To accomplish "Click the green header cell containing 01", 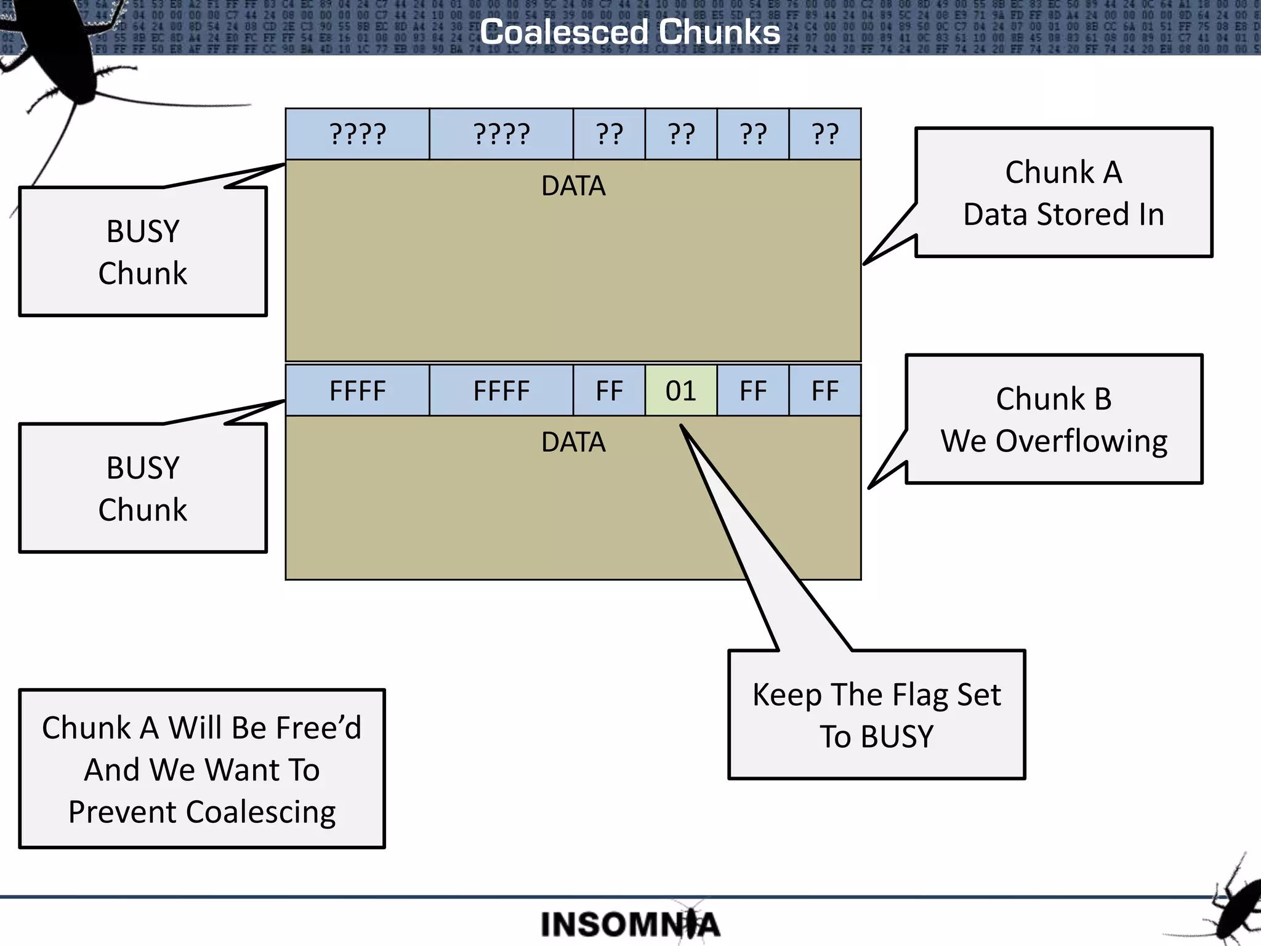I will (680, 390).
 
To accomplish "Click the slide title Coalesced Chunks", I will (629, 32).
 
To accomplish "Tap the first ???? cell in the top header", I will (357, 134).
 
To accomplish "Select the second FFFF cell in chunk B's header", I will (501, 390).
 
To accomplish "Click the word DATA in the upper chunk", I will (573, 186).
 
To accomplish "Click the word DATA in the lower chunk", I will (573, 442).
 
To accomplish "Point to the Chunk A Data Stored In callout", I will (1063, 193).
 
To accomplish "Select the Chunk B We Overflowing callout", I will (1054, 419).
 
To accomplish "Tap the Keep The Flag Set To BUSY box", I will (876, 714).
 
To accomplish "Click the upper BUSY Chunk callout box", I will (143, 252).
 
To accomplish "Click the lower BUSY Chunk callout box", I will (143, 488).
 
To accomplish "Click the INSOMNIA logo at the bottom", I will (629, 924).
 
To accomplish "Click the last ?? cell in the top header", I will (825, 134).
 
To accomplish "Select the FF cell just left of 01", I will (609, 390).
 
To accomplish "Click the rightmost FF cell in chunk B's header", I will (825, 390).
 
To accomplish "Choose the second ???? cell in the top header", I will (501, 134).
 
